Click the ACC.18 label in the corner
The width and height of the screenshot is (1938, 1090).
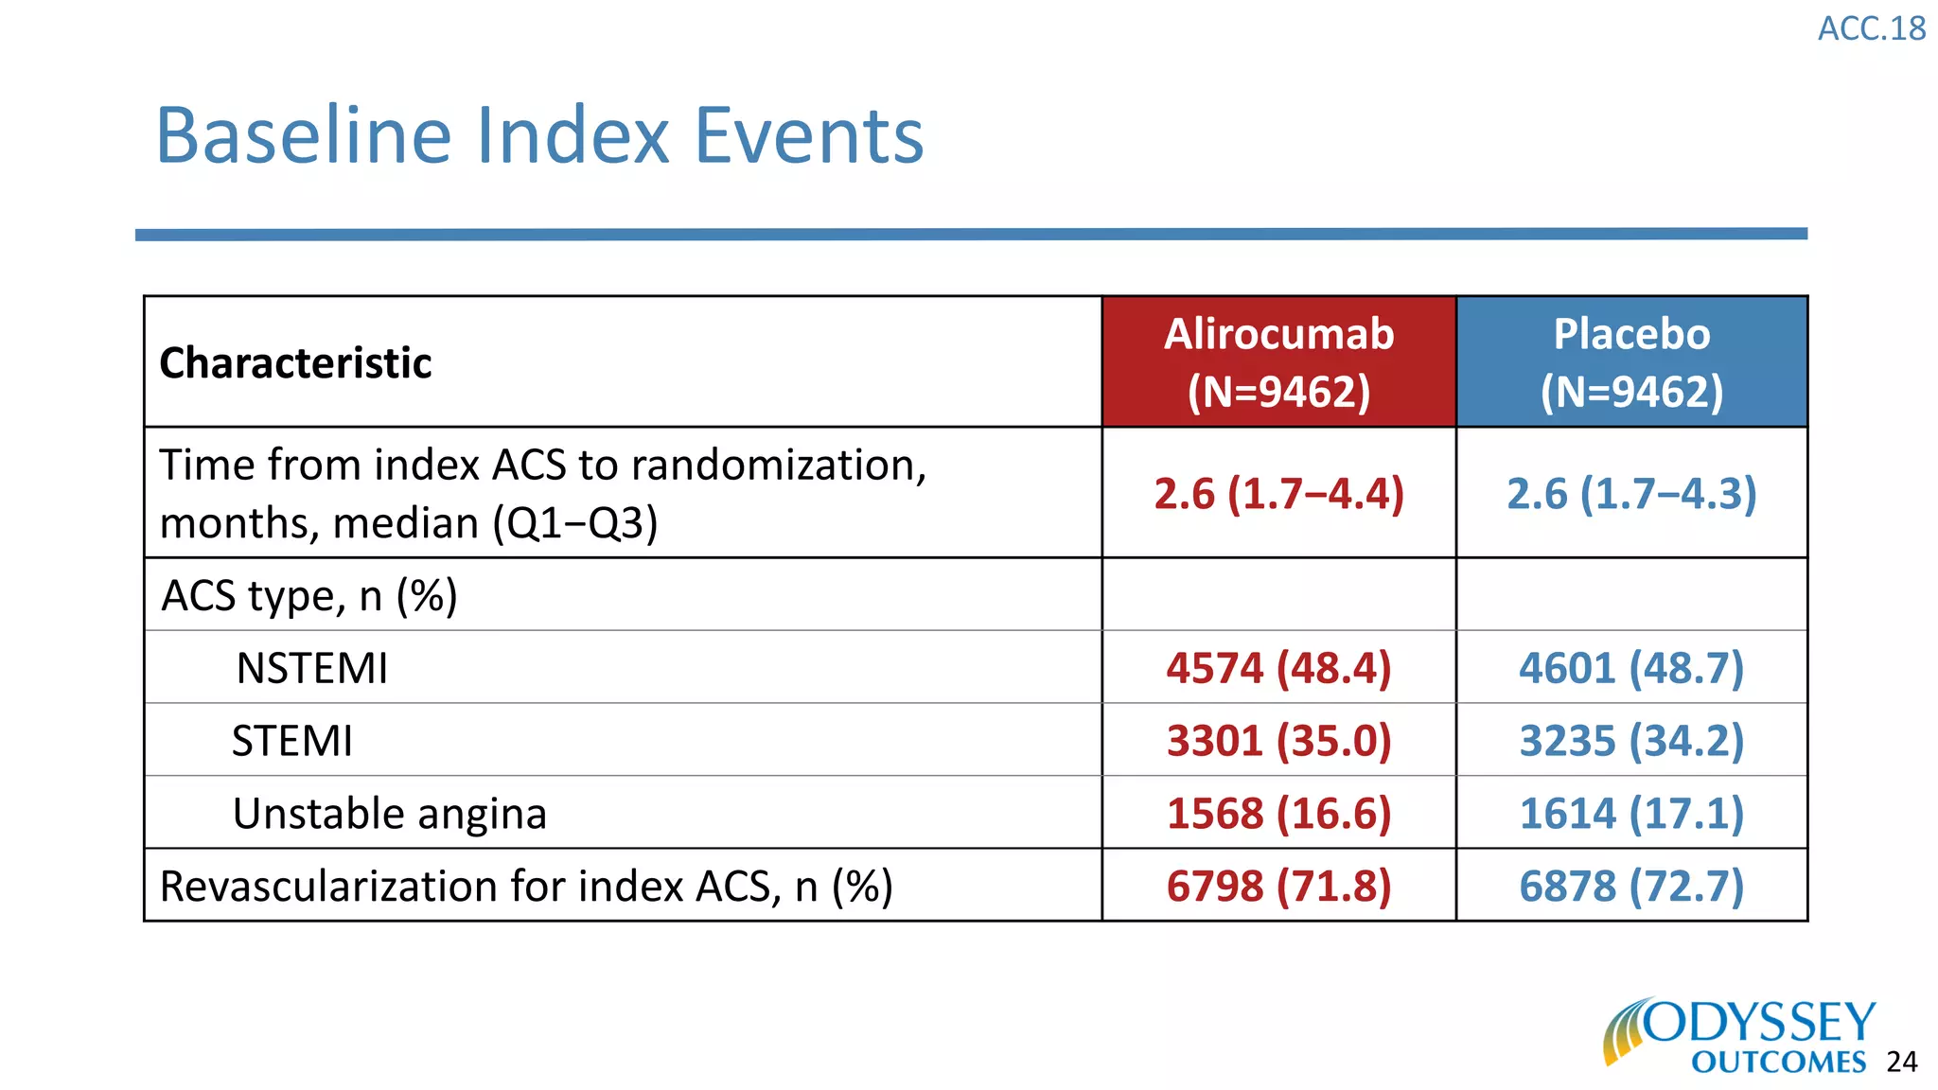click(x=1871, y=29)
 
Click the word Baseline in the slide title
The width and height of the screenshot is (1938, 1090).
click(x=303, y=135)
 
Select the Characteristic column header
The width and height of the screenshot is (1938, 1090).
click(x=295, y=363)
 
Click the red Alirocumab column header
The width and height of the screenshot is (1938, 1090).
click(x=1278, y=361)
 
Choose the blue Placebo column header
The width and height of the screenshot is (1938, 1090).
click(x=1631, y=361)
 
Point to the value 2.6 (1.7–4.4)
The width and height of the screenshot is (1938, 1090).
click(x=1278, y=494)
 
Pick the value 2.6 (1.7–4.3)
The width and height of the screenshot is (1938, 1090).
click(x=1631, y=494)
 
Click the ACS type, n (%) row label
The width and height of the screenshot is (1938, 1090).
click(x=309, y=596)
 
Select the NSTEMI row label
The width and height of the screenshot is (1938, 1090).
click(x=311, y=668)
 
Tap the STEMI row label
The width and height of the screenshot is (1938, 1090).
click(x=291, y=741)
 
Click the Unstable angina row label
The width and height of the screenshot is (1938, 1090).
click(x=390, y=814)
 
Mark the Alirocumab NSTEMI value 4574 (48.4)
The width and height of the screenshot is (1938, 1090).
click(x=1278, y=668)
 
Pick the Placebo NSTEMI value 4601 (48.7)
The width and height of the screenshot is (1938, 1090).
click(x=1631, y=668)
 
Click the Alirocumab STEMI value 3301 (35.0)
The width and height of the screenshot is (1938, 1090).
click(x=1278, y=741)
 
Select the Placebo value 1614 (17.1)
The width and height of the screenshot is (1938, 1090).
click(x=1631, y=814)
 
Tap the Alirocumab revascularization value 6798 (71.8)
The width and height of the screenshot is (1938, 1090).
click(x=1278, y=887)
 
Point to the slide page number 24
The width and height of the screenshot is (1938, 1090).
click(x=1901, y=1063)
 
